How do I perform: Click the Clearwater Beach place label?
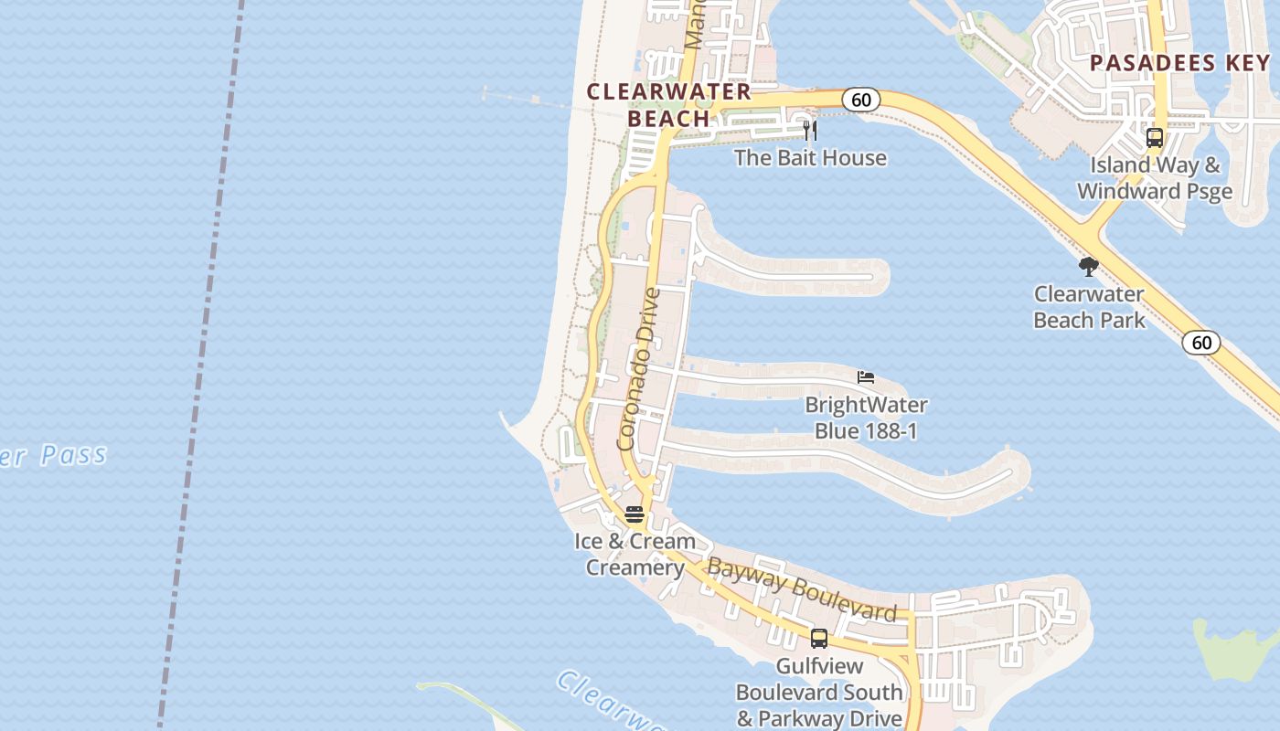(x=668, y=104)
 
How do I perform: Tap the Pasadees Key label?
(x=1179, y=63)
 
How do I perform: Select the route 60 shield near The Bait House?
(x=860, y=99)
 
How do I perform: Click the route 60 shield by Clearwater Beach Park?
(x=1201, y=343)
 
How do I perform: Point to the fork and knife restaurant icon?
(x=809, y=131)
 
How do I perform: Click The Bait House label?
(x=810, y=158)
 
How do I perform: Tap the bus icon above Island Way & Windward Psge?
(x=1155, y=138)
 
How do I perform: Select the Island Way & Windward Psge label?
(x=1155, y=178)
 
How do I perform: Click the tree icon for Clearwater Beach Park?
(x=1088, y=267)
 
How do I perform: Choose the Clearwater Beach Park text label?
(x=1089, y=307)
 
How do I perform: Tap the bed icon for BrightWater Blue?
(x=866, y=376)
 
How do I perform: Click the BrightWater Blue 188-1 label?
(x=866, y=418)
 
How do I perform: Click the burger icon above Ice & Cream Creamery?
(x=635, y=514)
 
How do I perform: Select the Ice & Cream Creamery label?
(x=635, y=555)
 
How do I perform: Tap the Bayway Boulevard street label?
(x=802, y=591)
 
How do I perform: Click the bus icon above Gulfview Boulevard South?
(x=819, y=639)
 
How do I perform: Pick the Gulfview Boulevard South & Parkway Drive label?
(x=819, y=693)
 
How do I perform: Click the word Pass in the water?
(x=73, y=454)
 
